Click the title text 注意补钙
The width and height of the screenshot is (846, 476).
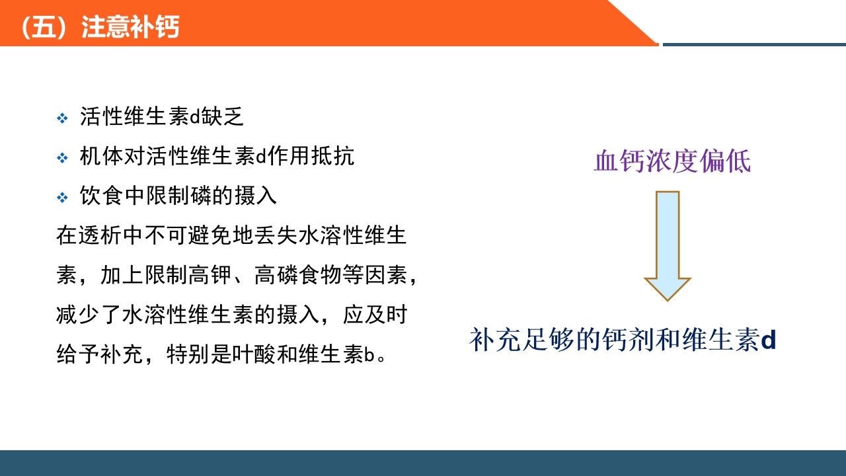click(x=130, y=28)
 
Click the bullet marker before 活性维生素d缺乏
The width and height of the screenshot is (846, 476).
click(x=62, y=118)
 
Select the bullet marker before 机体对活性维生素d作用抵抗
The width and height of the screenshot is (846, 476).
click(x=62, y=158)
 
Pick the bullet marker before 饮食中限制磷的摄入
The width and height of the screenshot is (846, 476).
click(x=62, y=197)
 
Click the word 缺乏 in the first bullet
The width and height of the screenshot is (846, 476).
click(x=223, y=117)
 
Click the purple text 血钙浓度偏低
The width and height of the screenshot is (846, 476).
click(x=672, y=162)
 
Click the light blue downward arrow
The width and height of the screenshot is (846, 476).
click(x=668, y=245)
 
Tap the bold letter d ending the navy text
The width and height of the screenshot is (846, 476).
click(x=768, y=340)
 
